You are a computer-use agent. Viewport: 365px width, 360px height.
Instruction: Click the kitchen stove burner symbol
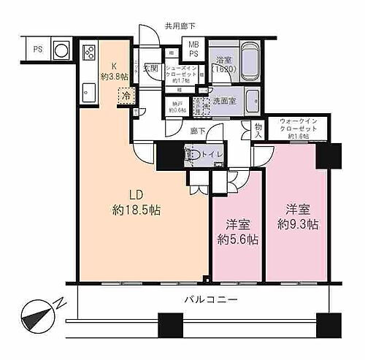point(90,53)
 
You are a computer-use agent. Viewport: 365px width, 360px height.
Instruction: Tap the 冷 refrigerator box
point(126,94)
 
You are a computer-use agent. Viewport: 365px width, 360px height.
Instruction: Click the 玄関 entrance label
point(151,68)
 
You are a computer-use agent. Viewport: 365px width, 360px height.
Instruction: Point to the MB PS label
point(194,49)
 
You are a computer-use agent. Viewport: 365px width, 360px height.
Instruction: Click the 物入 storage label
point(258,129)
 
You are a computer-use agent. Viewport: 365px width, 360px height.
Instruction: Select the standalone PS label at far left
point(37,50)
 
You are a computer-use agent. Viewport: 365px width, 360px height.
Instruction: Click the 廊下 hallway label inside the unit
point(197,131)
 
